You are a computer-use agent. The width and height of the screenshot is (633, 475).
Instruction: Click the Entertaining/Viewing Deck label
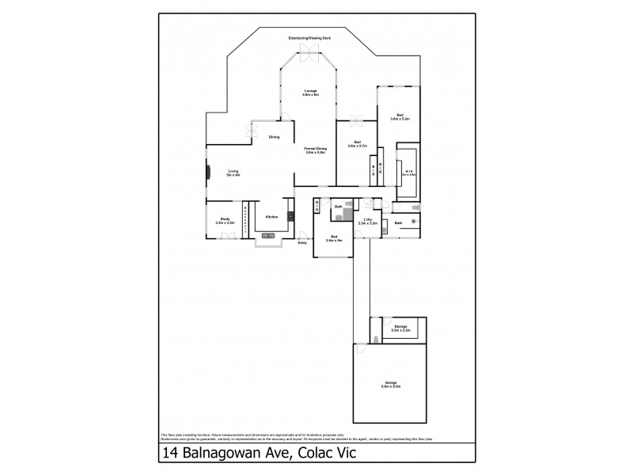point(310,37)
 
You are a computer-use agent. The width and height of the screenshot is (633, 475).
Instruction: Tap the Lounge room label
point(310,93)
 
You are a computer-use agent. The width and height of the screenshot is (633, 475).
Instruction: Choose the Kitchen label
point(271,217)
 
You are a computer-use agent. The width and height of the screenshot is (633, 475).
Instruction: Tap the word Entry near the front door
point(302,243)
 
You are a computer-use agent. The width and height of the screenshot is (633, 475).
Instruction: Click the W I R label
point(410,171)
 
